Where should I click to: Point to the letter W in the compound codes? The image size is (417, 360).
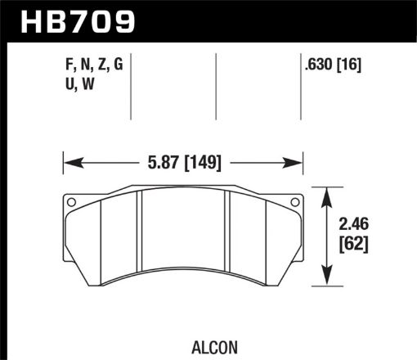[86, 85]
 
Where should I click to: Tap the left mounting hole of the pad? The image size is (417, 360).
[70, 202]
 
